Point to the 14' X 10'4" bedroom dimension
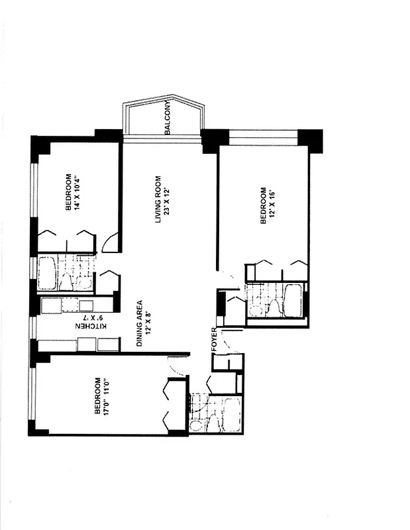[77, 193]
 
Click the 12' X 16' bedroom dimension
[272, 206]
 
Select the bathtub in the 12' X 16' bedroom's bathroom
[293, 300]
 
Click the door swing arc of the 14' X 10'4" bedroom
[111, 242]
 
